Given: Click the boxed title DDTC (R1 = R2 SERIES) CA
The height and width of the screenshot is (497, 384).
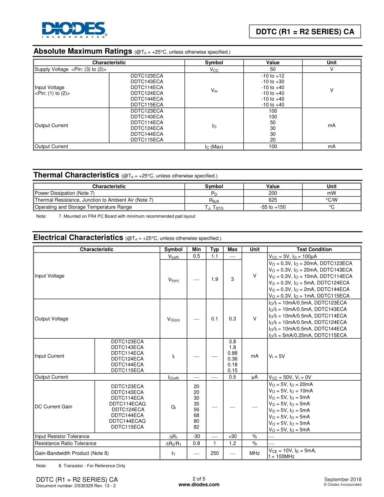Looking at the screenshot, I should coord(305,32).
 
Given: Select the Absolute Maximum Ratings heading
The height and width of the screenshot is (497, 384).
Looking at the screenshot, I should coord(82,51).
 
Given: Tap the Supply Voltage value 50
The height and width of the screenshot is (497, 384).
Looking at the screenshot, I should coord(273,69).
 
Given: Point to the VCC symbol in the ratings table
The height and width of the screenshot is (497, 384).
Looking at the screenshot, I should coord(214,69).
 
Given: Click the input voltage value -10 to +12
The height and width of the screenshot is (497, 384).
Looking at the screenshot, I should coord(273,76).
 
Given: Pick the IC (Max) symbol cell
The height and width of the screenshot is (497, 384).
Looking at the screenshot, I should coord(214,147).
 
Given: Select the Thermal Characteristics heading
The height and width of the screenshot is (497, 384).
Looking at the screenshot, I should coord(76,175).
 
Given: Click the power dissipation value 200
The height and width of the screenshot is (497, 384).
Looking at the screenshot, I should coord(273,193).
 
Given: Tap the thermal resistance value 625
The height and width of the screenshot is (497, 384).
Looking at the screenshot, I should coord(273,200).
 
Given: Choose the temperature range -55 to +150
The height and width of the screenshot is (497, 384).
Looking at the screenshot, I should coord(273,207).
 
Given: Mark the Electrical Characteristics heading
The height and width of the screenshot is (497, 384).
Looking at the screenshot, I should coord(78,237).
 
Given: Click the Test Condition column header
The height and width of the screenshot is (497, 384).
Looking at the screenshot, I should coord(314,249).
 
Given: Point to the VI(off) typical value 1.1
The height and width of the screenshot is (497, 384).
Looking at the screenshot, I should coord(215,256).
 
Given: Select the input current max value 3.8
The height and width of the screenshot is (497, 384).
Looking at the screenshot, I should coord(232,341).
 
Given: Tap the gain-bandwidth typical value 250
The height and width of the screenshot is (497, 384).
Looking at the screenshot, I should coord(215,453).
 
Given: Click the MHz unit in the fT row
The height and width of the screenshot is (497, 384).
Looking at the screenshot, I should coord(255,453).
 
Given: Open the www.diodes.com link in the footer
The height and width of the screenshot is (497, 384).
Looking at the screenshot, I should coord(199,485).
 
